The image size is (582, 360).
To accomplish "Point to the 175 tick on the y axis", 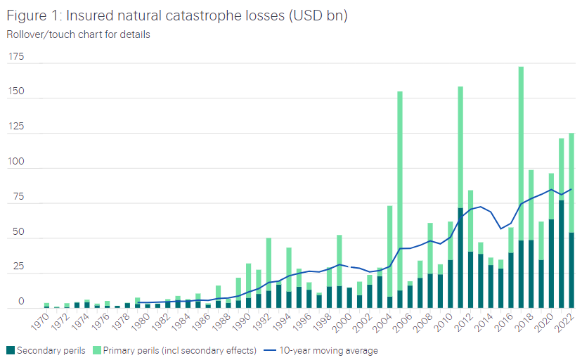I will point(15,57).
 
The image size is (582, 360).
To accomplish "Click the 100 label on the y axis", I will point(15,162).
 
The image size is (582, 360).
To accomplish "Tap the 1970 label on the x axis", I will point(41,325).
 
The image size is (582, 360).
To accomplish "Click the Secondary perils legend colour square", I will point(10,349).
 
